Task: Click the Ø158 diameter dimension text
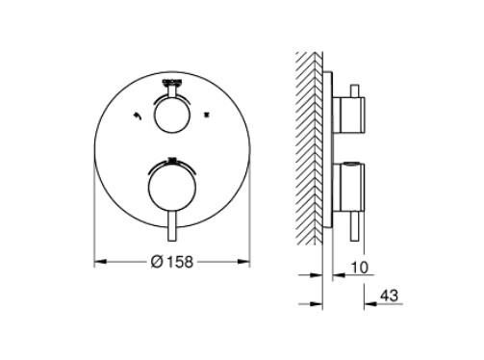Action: tap(172, 261)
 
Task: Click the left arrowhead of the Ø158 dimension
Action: tap(98, 261)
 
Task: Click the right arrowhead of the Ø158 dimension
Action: tap(247, 261)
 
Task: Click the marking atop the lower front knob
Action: tap(173, 160)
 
